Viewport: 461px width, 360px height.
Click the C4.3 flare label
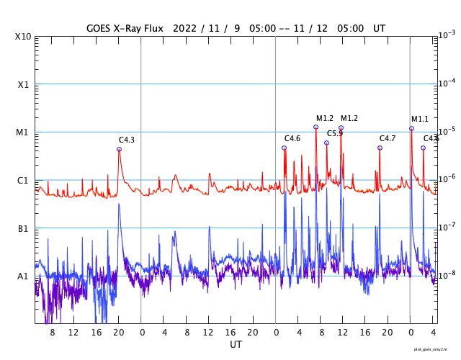click(127, 140)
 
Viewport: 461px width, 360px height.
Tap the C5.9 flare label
click(335, 133)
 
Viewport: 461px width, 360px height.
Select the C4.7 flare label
click(388, 138)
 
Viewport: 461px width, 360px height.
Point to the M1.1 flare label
click(420, 119)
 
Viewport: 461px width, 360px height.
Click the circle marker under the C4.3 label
click(120, 150)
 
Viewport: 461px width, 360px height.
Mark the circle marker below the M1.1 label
click(411, 129)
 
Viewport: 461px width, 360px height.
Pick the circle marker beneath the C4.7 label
click(380, 148)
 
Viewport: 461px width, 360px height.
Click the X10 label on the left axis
click(24, 36)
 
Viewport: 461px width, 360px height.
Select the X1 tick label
click(24, 84)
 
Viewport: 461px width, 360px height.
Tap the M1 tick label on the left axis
click(24, 132)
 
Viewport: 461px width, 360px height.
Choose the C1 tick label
click(24, 180)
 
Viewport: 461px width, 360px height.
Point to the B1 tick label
click(24, 228)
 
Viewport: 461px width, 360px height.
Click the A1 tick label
click(24, 276)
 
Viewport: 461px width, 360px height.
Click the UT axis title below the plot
click(236, 345)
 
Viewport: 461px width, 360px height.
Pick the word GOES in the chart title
click(100, 28)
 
